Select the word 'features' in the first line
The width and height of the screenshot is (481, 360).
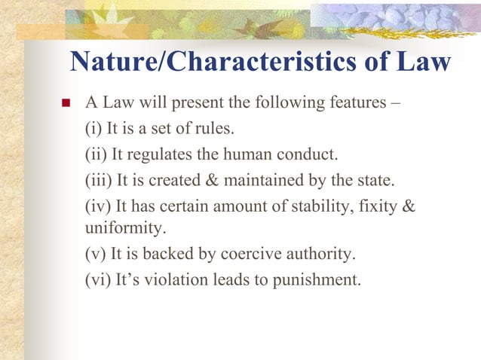click(352, 103)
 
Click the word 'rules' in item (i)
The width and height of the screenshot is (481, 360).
click(212, 130)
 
